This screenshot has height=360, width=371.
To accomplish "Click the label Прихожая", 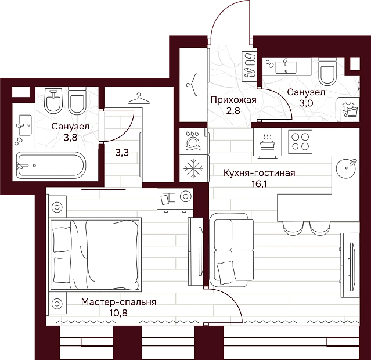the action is pos(233,100).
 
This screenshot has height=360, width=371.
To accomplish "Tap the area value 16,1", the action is pos(259,183).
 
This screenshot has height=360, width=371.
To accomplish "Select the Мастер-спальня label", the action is pos(118,303).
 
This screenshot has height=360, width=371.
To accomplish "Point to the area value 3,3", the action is pos(122,153).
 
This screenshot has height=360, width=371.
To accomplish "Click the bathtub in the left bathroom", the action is pos(51,165).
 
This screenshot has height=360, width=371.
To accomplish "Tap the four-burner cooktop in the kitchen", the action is pos(300,141).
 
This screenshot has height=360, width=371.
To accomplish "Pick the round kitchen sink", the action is pos(346,168).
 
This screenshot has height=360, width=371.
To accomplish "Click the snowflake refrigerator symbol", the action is pos(193,168).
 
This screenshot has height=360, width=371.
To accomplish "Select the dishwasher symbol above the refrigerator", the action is pos(193,141).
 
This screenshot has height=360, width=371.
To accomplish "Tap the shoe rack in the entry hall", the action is pos(249,67).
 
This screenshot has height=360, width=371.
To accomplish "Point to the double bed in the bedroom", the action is pos(96,254).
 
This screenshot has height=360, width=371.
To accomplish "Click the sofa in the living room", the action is pos(231,250).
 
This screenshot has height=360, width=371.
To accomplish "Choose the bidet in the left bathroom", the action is pos(53,101).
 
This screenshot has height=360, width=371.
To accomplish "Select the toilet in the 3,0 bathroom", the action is pos(327,72).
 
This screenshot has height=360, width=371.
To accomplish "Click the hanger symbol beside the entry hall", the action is pos(192,84).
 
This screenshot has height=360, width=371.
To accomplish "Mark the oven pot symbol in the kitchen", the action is pos(268,142).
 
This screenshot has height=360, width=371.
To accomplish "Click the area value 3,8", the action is pos(70,137).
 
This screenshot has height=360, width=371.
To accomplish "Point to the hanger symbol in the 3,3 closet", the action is pos(139,99).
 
